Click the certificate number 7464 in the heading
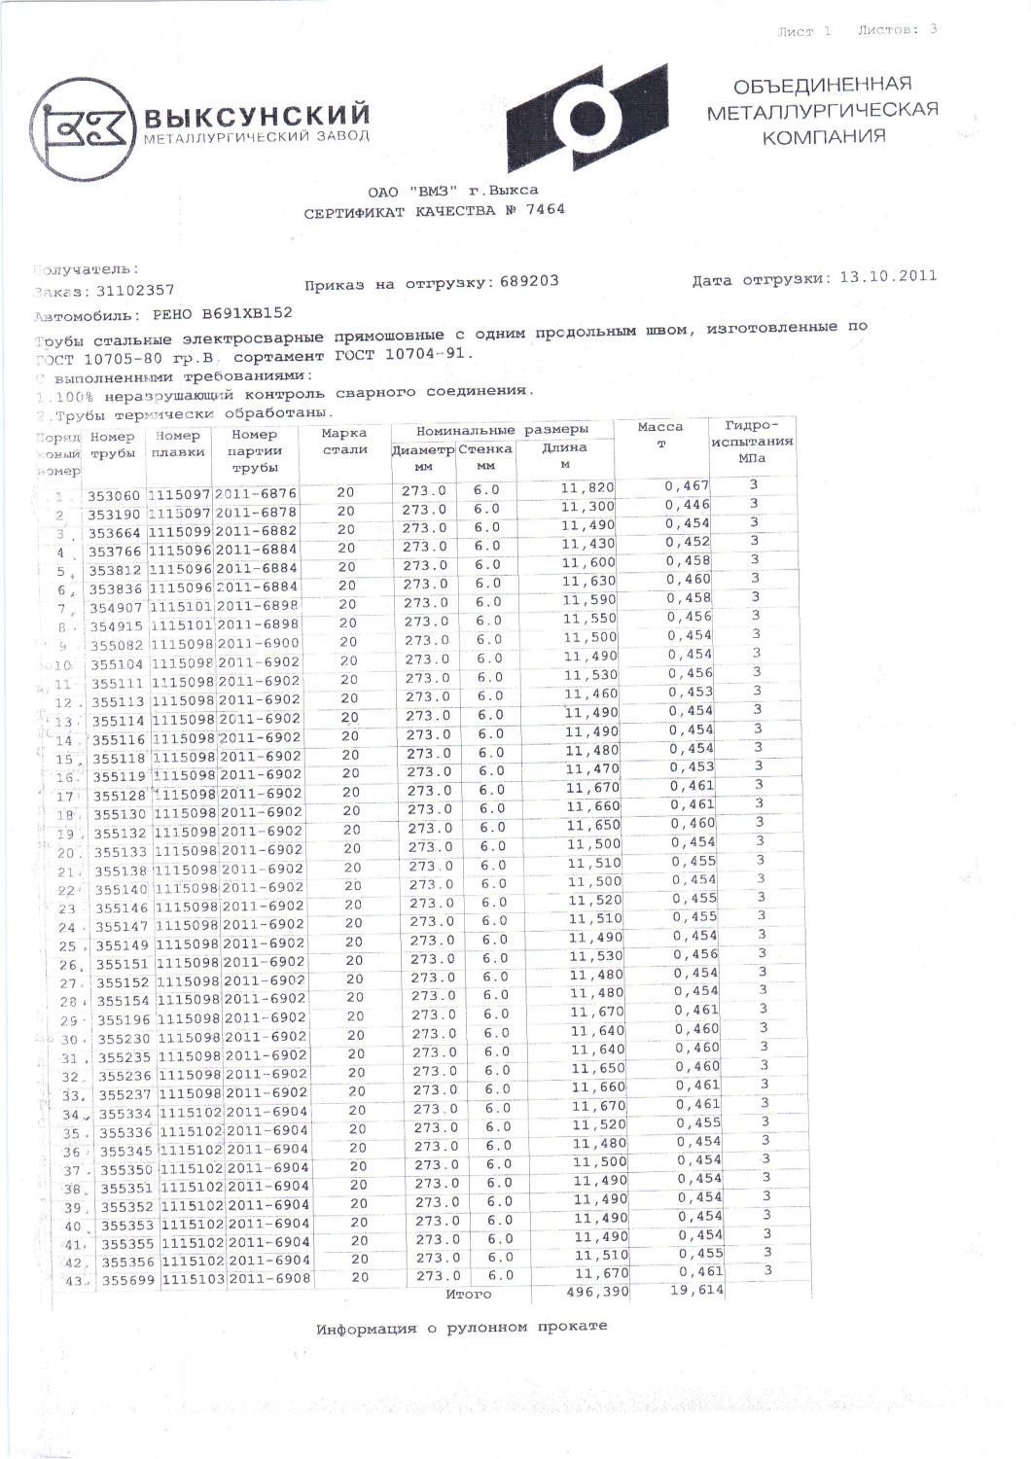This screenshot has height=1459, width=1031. point(547,209)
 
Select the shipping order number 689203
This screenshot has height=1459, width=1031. point(529,281)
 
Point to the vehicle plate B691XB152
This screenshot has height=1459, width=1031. point(247,313)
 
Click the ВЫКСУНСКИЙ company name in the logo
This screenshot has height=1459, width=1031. point(257,117)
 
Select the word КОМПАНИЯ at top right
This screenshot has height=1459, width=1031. point(823,137)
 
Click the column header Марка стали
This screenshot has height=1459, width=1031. point(344,442)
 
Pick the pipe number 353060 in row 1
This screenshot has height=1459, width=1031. point(115,495)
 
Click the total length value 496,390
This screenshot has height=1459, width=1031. point(597,1292)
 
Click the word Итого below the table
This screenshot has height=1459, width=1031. point(470,1295)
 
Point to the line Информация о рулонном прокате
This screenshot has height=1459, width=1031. point(461,1327)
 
